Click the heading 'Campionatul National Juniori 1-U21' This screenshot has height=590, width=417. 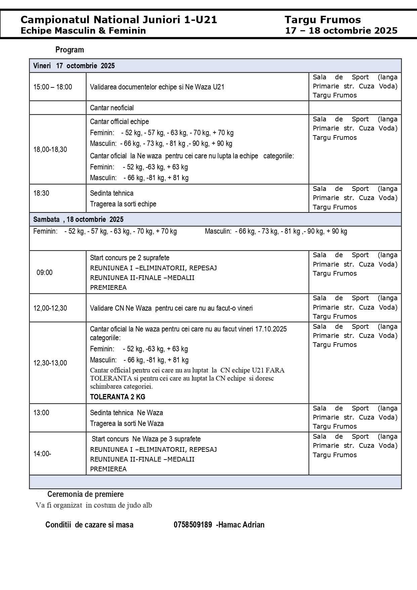(x=119, y=20)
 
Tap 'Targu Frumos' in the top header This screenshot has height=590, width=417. (x=323, y=20)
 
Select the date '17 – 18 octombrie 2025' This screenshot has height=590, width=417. (x=341, y=31)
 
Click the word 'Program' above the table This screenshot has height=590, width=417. (x=70, y=50)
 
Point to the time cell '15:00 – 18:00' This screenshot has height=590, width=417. (x=52, y=87)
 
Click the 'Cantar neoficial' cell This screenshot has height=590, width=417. (x=112, y=108)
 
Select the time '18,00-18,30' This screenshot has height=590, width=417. (x=50, y=150)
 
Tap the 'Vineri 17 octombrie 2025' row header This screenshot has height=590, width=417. (x=74, y=66)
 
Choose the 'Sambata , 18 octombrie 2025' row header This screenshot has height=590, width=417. (x=78, y=220)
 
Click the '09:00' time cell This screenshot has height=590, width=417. (x=44, y=272)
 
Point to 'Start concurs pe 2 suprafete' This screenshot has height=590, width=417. (x=130, y=258)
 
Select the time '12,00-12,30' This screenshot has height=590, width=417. (x=50, y=308)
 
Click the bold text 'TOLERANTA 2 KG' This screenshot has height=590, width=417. (x=118, y=397)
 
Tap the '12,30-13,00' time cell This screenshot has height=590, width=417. (x=50, y=363)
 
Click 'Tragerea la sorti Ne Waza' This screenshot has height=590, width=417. (x=127, y=424)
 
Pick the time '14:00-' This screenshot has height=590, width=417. (x=42, y=454)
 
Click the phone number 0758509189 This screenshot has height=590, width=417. (x=193, y=525)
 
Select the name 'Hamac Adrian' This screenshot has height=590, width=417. (x=241, y=525)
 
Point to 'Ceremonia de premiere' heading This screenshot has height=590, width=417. (x=85, y=494)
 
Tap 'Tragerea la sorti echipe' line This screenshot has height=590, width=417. (x=123, y=204)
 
